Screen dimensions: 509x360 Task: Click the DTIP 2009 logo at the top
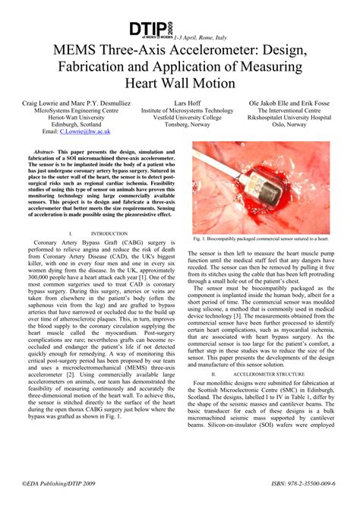[152, 30]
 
